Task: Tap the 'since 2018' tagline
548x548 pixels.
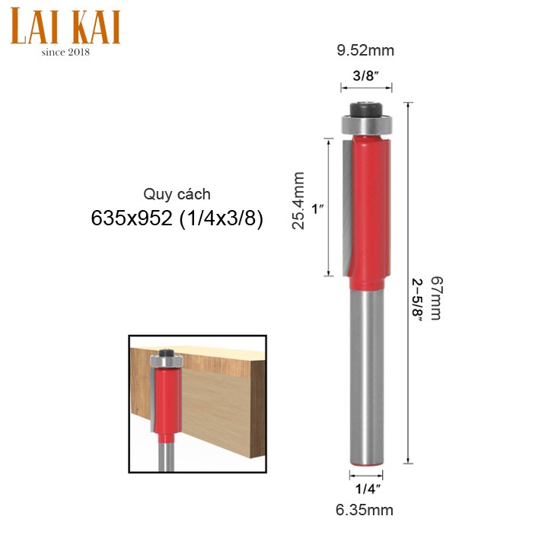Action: [x=65, y=52]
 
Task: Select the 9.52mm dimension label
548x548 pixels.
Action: [x=365, y=51]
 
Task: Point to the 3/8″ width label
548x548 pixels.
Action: [x=366, y=75]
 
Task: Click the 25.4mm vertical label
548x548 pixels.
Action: [x=298, y=200]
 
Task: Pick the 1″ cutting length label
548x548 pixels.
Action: [x=317, y=209]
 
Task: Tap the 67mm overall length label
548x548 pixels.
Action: [x=436, y=298]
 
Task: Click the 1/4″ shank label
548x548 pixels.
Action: [x=368, y=489]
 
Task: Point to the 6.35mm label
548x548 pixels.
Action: [x=365, y=510]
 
